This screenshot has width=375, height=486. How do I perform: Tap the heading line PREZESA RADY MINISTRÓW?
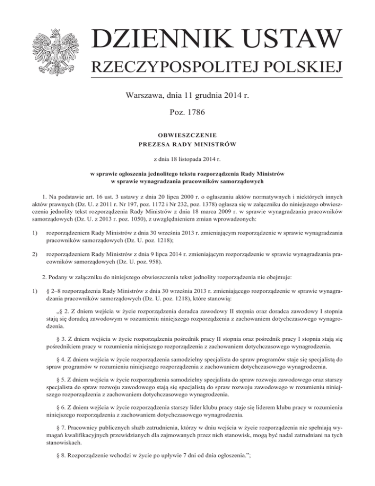(187, 143)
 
